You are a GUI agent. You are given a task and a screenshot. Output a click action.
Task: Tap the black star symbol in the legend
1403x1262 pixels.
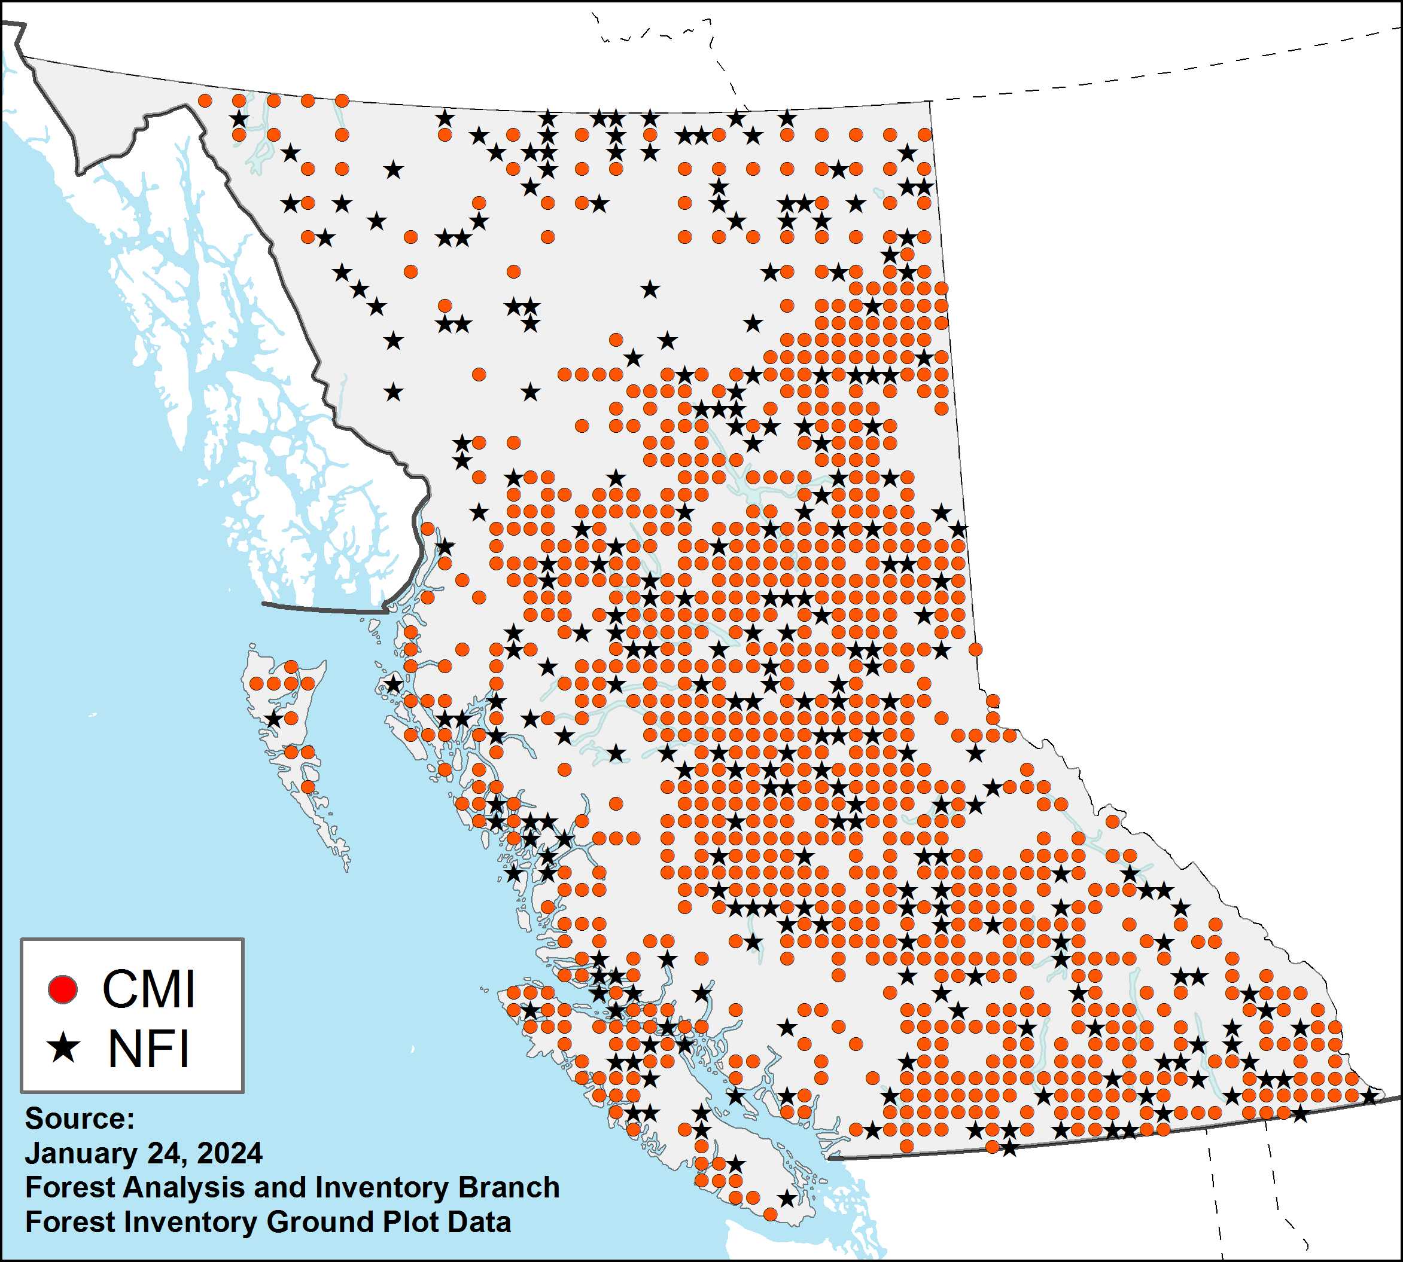click(64, 1049)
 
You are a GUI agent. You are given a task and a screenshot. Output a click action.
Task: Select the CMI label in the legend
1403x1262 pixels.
click(148, 989)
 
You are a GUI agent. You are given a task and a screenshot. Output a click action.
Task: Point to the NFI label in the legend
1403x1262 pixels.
click(148, 1049)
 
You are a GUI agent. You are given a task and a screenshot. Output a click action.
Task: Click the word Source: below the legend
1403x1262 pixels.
click(79, 1119)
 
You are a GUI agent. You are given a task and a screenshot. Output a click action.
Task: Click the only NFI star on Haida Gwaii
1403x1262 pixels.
click(274, 719)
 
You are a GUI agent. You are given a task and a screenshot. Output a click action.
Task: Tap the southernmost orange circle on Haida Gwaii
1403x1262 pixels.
click(308, 786)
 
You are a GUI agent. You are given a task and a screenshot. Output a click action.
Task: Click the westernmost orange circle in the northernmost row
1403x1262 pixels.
click(205, 100)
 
